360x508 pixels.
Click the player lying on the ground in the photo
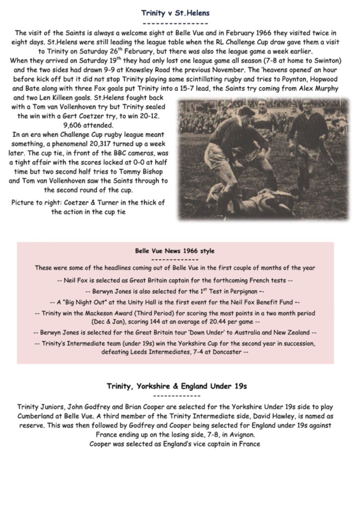[x=258, y=201]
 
